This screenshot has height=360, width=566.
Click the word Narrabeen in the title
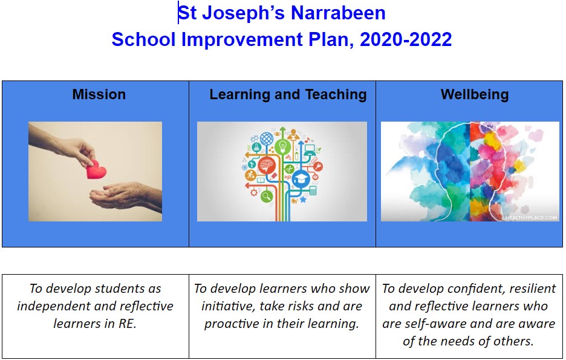[x=338, y=13]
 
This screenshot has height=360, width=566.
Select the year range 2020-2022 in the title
[x=406, y=39]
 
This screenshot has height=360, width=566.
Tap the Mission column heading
[x=99, y=94]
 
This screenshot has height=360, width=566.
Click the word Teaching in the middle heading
[x=336, y=94]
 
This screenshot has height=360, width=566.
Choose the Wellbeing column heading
[x=474, y=94]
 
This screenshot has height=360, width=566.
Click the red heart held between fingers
[x=96, y=169]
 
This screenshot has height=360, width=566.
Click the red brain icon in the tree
[x=267, y=165]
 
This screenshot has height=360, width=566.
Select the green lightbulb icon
[x=282, y=146]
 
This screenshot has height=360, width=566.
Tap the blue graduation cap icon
[x=301, y=178]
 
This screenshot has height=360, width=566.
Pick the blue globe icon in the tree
[x=267, y=139]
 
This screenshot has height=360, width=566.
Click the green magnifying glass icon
[x=267, y=197]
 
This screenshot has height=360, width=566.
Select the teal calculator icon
[x=313, y=191]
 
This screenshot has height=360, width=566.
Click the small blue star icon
[x=303, y=199]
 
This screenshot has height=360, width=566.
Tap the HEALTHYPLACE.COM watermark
[x=531, y=217]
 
